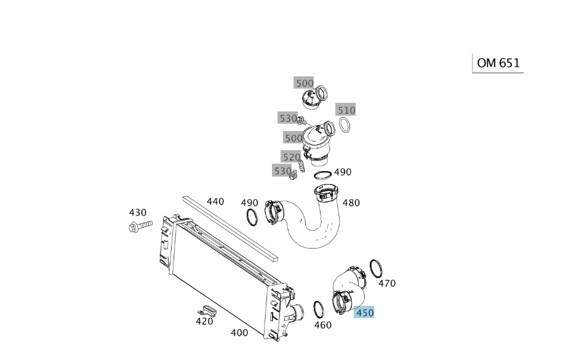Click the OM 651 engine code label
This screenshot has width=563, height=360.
[x=498, y=63]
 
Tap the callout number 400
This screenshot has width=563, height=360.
[x=239, y=333]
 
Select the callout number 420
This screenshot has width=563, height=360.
[x=204, y=321]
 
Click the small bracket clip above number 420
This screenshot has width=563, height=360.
[x=207, y=310]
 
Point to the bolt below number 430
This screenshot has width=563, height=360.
[x=140, y=226]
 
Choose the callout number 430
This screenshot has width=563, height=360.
[x=137, y=212]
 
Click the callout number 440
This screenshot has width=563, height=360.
[x=215, y=202]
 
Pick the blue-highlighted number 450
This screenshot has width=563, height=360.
[x=364, y=313]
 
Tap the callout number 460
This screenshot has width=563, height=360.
[x=323, y=325]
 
